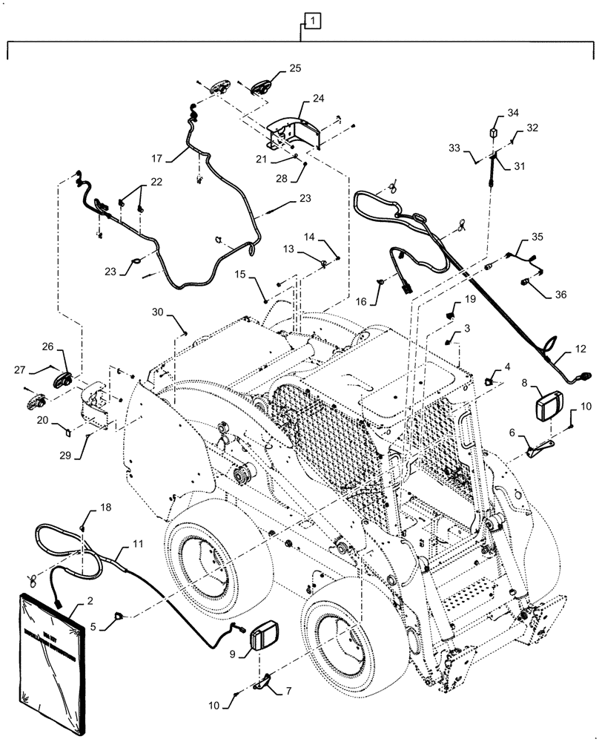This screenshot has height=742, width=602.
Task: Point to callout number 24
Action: pyautogui.click(x=318, y=97)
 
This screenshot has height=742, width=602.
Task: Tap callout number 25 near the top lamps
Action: pyautogui.click(x=295, y=69)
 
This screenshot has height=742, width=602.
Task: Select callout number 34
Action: pyautogui.click(x=513, y=113)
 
